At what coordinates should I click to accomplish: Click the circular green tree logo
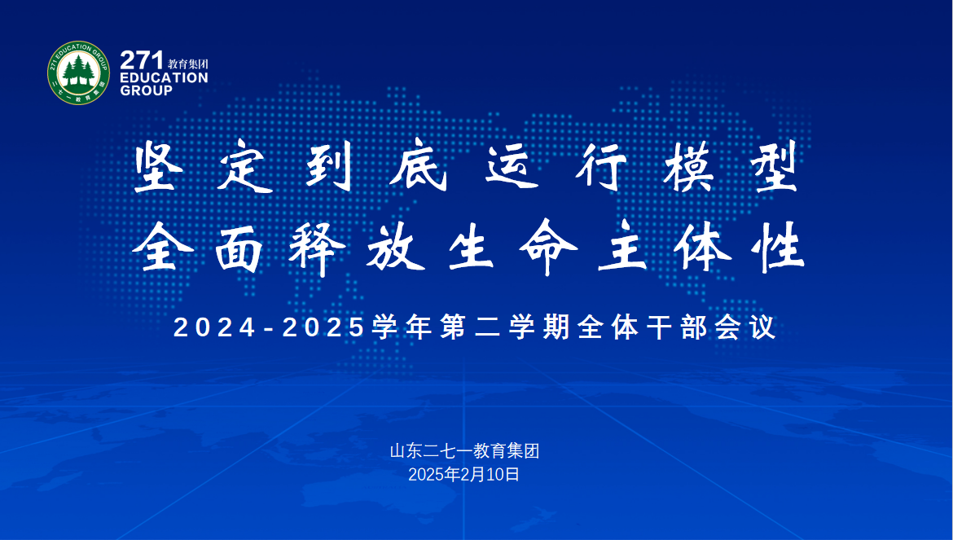(78, 72)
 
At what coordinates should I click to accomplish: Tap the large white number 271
(142, 61)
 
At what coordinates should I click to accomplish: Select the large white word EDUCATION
(164, 77)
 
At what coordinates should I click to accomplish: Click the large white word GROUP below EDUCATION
(146, 90)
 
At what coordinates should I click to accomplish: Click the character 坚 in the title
(159, 166)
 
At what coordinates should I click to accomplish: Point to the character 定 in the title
(242, 166)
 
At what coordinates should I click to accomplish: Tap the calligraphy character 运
(512, 166)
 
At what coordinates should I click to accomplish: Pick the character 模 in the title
(688, 166)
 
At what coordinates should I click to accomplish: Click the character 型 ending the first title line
(773, 166)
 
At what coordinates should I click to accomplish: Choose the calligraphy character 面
(239, 249)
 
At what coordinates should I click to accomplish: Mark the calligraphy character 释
(317, 249)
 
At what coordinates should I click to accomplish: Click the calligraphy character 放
(395, 248)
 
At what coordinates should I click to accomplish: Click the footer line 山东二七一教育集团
(464, 450)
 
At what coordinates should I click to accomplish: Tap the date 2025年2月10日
(463, 474)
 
